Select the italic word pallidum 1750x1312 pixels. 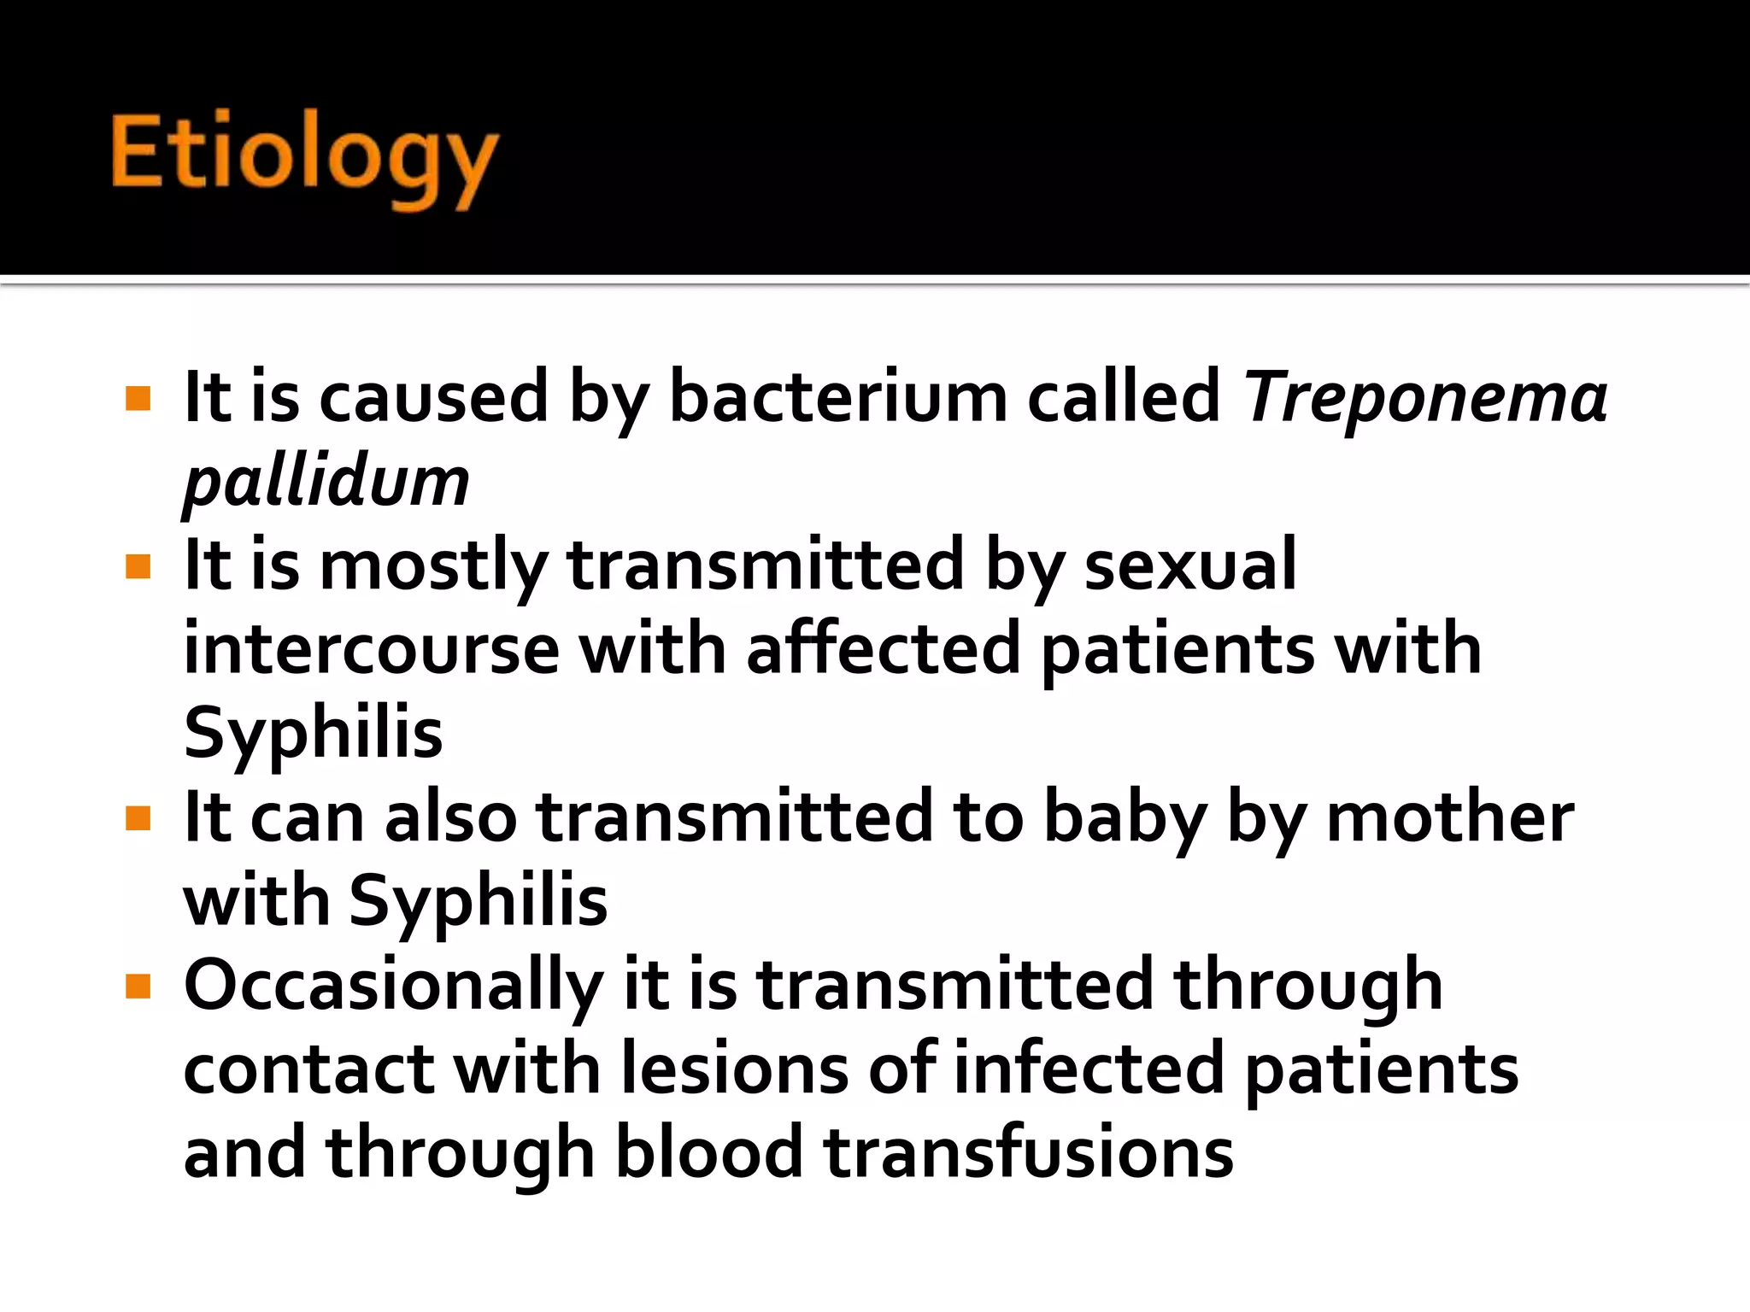tap(326, 482)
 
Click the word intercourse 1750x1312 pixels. tap(371, 649)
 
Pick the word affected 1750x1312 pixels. tap(883, 649)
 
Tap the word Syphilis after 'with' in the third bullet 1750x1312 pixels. tap(479, 900)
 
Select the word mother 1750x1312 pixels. tap(1449, 817)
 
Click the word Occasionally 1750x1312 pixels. tap(393, 985)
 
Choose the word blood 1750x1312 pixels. tap(709, 1152)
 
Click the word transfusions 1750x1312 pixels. tap(1028, 1152)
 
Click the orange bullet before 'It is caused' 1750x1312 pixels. tap(138, 399)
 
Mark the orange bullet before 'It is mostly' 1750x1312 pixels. tap(138, 566)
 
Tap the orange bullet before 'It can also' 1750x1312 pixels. tap(138, 819)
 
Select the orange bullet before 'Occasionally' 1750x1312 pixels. tap(138, 987)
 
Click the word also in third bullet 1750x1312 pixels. tap(450, 817)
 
